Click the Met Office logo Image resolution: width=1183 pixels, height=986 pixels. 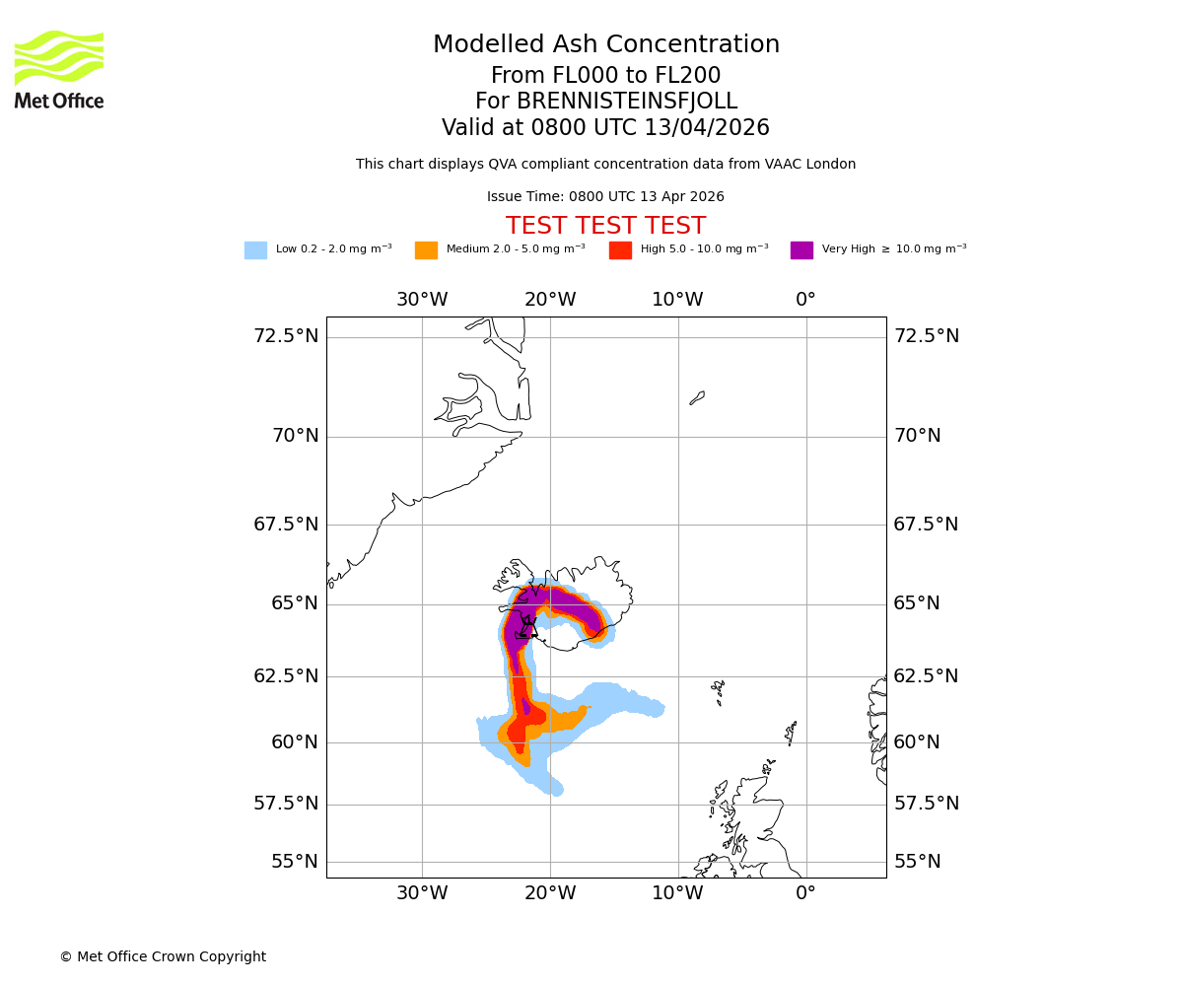59,69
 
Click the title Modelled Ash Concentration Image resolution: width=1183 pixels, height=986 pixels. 605,45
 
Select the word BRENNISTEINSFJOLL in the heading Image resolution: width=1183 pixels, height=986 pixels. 629,102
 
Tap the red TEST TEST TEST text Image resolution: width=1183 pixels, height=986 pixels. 605,226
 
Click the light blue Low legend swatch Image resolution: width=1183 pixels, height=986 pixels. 255,250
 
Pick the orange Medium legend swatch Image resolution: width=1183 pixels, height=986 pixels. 426,250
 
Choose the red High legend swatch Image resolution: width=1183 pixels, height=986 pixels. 620,250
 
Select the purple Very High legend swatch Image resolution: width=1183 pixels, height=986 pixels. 801,250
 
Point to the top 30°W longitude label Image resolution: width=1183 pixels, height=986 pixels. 422,300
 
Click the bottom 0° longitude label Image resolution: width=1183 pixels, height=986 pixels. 805,893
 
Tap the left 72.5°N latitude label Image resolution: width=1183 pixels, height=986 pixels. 286,336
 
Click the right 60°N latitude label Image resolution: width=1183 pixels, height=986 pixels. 917,741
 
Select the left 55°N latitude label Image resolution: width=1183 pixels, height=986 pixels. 295,862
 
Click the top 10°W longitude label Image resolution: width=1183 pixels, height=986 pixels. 677,300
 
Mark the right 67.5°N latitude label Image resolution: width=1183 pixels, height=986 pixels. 926,525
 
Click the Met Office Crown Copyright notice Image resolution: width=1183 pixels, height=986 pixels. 163,956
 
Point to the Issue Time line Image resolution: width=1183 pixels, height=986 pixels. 605,197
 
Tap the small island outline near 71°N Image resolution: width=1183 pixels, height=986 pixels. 697,398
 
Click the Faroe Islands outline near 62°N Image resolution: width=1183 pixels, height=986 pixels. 719,691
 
